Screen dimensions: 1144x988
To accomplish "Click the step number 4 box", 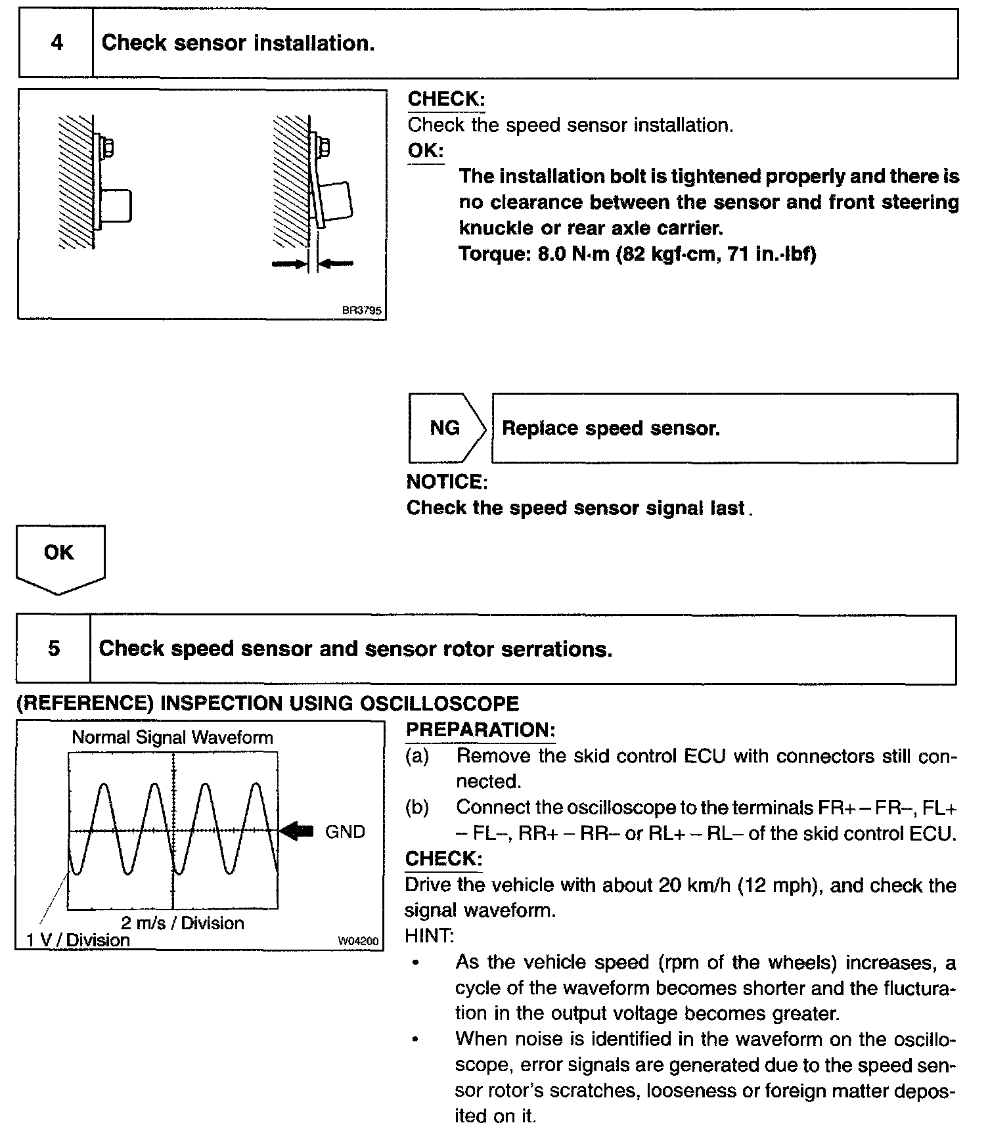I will pyautogui.click(x=56, y=43).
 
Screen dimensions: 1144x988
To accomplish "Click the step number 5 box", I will pyautogui.click(x=54, y=649).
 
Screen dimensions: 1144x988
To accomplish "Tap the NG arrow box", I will pyautogui.click(x=445, y=428).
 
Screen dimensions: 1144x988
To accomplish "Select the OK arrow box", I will pyautogui.click(x=59, y=555).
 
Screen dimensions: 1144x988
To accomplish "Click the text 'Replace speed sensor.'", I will pyautogui.click(x=611, y=428).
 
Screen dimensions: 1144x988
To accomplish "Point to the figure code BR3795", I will pyautogui.click(x=361, y=311).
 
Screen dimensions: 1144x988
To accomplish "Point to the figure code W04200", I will pyautogui.click(x=358, y=941).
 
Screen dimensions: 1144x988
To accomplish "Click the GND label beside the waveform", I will pyautogui.click(x=345, y=832).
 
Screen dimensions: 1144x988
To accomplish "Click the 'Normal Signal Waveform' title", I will pyautogui.click(x=172, y=737).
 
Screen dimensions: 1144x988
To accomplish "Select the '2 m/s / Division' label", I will pyautogui.click(x=182, y=923).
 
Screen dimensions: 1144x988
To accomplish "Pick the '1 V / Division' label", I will pyautogui.click(x=78, y=940).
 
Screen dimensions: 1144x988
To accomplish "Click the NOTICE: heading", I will pyautogui.click(x=447, y=482).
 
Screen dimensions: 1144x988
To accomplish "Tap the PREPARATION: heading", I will pyautogui.click(x=480, y=730).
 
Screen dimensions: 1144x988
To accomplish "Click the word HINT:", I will pyautogui.click(x=429, y=936).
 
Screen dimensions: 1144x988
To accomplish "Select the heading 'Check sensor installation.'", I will pyautogui.click(x=238, y=43).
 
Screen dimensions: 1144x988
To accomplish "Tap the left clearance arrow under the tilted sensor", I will pyautogui.click(x=288, y=263).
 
